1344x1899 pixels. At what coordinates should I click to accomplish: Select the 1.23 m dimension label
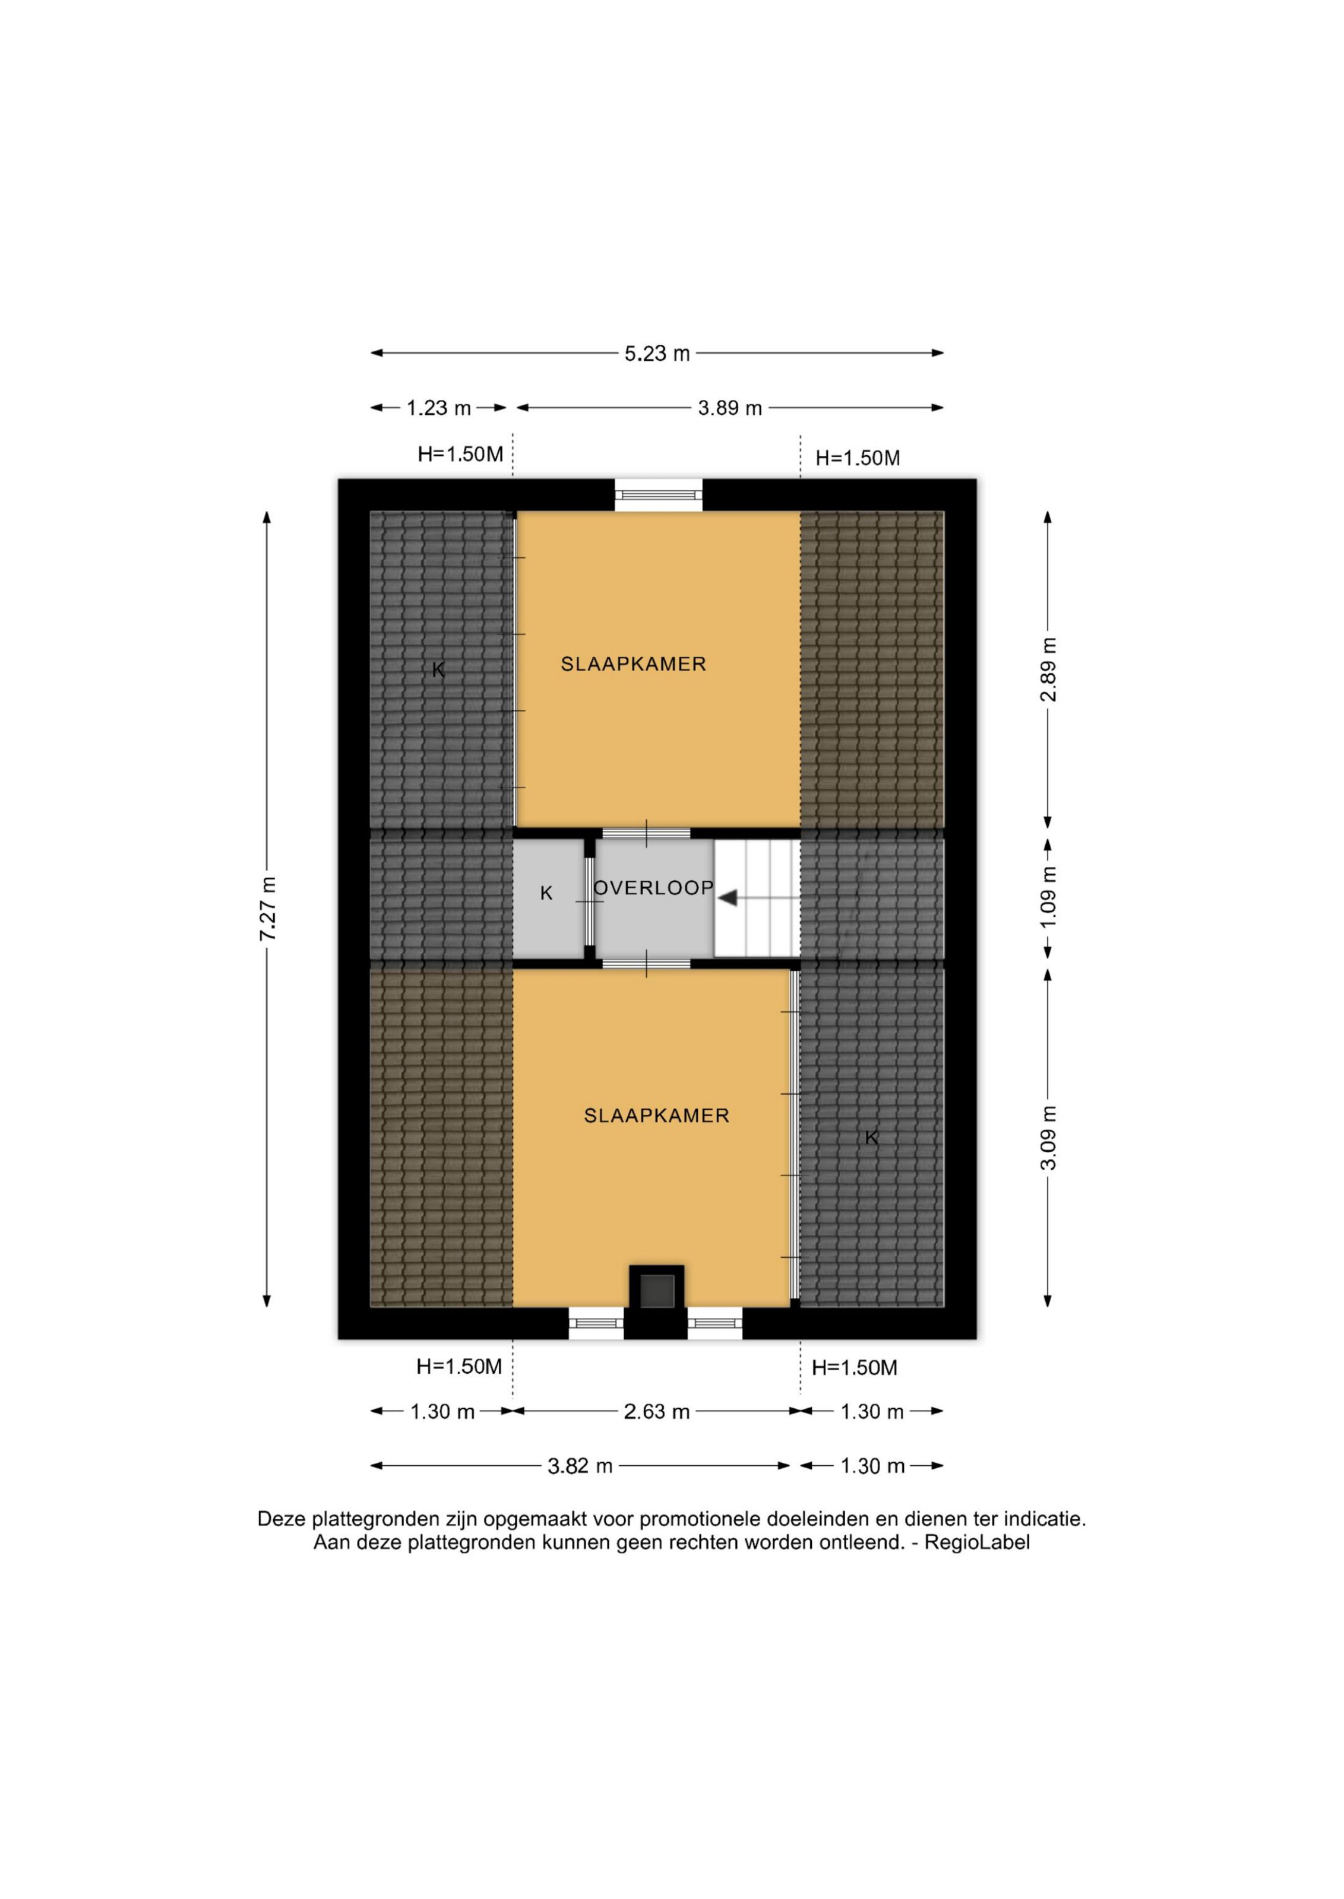click(x=439, y=408)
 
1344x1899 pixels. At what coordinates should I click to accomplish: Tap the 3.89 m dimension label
click(x=730, y=408)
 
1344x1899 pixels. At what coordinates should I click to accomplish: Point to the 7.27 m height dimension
click(x=267, y=908)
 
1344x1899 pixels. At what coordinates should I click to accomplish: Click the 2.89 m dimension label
click(x=1049, y=669)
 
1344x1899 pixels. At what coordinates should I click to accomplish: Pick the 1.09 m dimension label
click(x=1049, y=897)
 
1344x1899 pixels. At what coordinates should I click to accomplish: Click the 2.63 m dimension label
click(x=657, y=1412)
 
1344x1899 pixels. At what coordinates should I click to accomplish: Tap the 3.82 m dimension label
click(x=580, y=1466)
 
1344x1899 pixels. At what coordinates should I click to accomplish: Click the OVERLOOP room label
click(x=654, y=888)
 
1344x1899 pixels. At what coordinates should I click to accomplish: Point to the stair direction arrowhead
click(x=728, y=897)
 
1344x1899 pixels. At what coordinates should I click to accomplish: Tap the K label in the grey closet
click(x=546, y=893)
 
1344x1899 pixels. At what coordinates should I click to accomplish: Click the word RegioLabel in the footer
click(x=978, y=1542)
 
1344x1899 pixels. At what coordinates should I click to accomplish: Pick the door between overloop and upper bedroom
click(x=646, y=834)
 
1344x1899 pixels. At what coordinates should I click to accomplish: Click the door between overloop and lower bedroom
click(x=646, y=964)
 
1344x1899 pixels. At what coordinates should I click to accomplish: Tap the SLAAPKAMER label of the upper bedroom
click(x=634, y=663)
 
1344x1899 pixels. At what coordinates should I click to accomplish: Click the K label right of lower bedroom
click(x=871, y=1138)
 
